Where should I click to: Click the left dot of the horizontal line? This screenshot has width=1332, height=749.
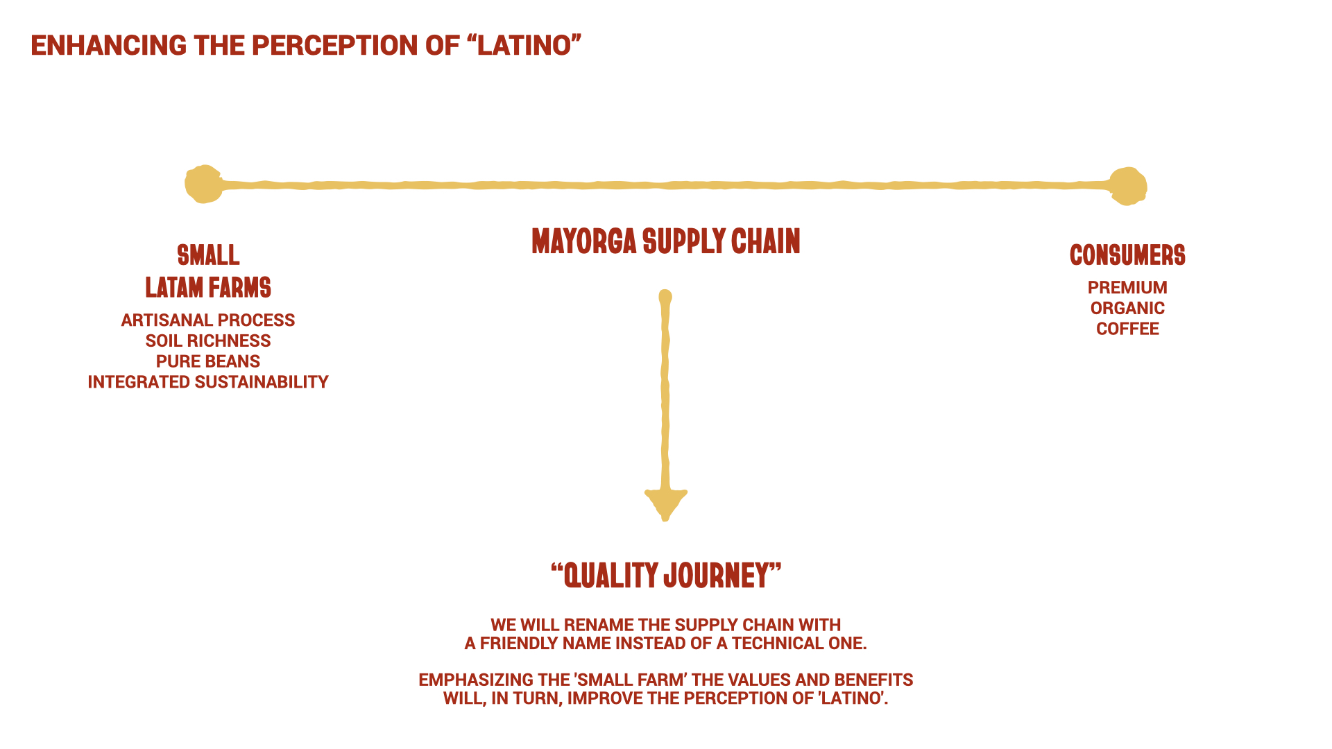tap(203, 184)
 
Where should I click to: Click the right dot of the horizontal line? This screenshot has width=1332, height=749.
tap(1128, 186)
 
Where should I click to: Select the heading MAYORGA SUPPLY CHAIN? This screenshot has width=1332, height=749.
tap(666, 241)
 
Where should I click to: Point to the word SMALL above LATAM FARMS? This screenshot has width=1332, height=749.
tap(208, 255)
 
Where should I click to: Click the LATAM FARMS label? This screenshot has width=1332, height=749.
tap(208, 288)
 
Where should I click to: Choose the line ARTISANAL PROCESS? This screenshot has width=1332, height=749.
tap(208, 320)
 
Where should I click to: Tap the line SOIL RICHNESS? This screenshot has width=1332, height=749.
tap(208, 341)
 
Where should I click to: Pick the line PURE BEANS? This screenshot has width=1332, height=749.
tap(208, 361)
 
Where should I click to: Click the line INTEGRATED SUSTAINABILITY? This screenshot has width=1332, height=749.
tap(208, 382)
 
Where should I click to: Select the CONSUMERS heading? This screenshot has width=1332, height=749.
tap(1127, 255)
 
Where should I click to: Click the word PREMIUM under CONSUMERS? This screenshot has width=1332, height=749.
tap(1127, 288)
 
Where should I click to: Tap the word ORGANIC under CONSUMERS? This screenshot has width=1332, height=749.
tap(1127, 309)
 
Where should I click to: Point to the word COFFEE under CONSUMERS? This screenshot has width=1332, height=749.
tap(1127, 329)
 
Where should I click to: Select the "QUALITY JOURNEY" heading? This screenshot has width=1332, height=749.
tap(666, 576)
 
